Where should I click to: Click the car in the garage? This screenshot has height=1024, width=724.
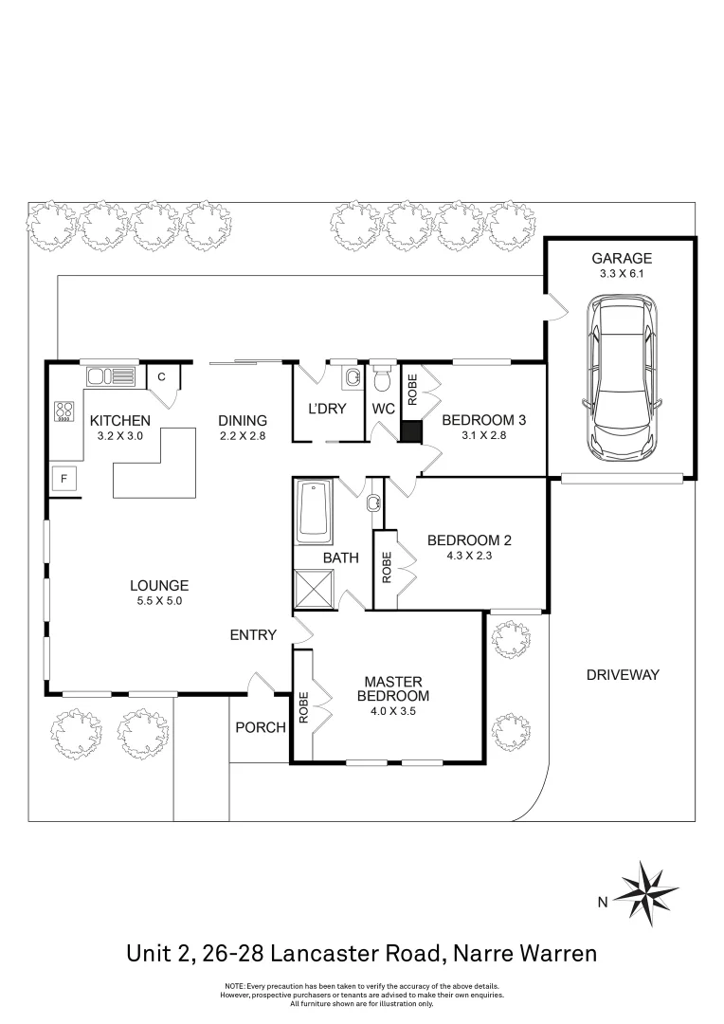click(621, 376)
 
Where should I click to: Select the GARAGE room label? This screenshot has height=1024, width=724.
click(622, 258)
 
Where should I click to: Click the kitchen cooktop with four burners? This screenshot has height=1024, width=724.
click(64, 412)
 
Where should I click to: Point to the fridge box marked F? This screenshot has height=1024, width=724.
click(63, 479)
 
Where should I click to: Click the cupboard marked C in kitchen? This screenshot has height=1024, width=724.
click(162, 376)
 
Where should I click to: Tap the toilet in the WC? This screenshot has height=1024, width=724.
click(383, 379)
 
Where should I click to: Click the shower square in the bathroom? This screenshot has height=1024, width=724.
click(314, 589)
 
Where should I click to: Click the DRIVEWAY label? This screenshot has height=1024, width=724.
click(622, 675)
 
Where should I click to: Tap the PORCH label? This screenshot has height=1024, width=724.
click(260, 727)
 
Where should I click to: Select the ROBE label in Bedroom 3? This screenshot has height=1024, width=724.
click(412, 390)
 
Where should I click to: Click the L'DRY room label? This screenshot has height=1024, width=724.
click(328, 409)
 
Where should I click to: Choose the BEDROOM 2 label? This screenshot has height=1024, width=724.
click(469, 540)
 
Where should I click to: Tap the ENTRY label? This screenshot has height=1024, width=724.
click(253, 634)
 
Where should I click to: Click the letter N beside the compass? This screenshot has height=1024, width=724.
click(601, 903)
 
